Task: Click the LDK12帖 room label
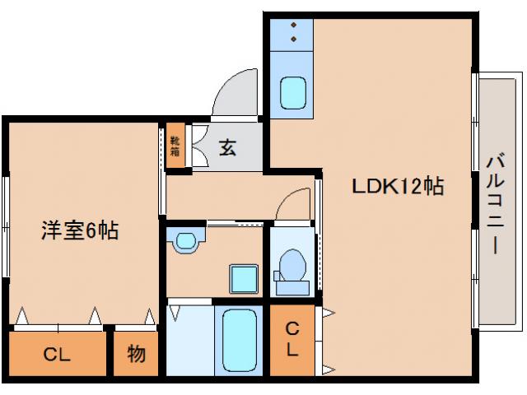pos(398,186)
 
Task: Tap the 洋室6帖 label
pos(80,230)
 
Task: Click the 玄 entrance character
pos(228,148)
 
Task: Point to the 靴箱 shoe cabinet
pos(175,147)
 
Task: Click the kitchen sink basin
pos(293,92)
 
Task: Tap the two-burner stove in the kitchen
pos(293,34)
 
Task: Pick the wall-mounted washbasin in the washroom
pos(187,240)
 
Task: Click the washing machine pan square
pos(243,280)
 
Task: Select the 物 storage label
pos(136,355)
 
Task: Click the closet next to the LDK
pos(292,339)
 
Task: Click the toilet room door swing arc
pos(291,207)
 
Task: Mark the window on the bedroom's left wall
pos(7,222)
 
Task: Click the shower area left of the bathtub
pos(190,339)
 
